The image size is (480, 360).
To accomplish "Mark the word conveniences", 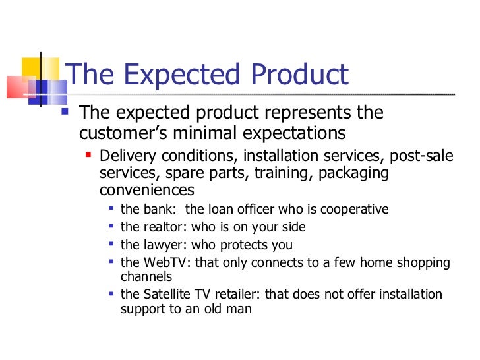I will pos(147,190).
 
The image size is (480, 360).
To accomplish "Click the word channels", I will pos(146,277).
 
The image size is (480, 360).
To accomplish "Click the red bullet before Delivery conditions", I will pos(88,156).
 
